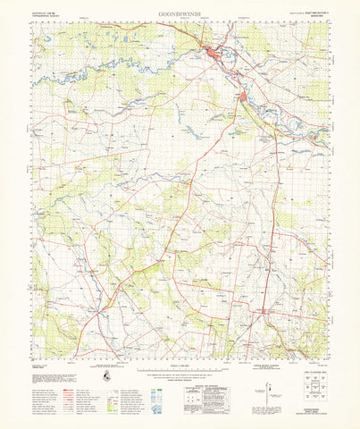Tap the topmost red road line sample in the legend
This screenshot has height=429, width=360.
(68, 367)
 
